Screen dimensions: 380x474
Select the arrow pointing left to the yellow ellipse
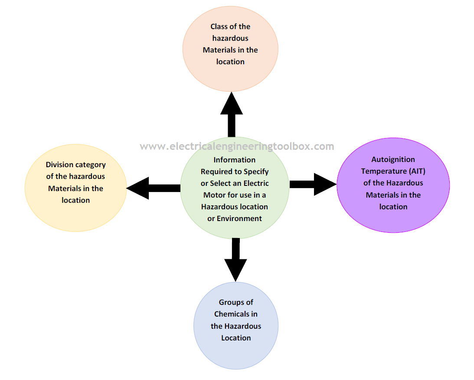point(152,188)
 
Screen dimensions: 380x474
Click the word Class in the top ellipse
point(219,26)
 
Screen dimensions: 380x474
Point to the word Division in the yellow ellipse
point(59,165)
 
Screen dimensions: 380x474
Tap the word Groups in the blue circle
point(230,302)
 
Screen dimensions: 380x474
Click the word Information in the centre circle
point(234,160)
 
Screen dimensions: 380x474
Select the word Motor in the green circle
point(214,195)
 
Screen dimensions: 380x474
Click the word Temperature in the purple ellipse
point(380,171)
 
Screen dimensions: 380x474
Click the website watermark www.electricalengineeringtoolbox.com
point(237,146)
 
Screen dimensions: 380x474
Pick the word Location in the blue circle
point(236,337)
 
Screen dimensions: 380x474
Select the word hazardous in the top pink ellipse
point(230,38)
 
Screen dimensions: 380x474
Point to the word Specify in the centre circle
point(256,172)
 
